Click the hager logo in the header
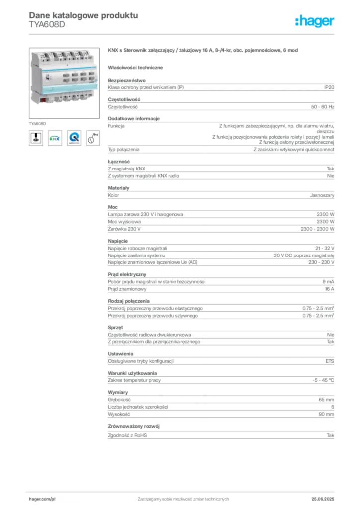[314, 21]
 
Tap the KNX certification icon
[55, 138]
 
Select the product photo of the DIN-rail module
[64, 83]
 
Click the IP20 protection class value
[329, 87]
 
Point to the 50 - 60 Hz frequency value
[322, 107]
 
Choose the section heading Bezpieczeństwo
[127, 80]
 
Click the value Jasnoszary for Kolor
[322, 195]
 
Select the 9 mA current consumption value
[328, 282]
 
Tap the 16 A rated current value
[330, 289]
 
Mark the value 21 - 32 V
[325, 249]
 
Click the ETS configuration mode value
[330, 361]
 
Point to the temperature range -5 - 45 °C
[323, 380]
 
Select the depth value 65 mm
[326, 400]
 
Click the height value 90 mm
[326, 414]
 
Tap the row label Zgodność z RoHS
[127, 435]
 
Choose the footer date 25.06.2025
[323, 499]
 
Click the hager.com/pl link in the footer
[42, 499]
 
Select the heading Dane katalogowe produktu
[84, 15]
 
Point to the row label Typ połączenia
[124, 150]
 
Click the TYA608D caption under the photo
[37, 124]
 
